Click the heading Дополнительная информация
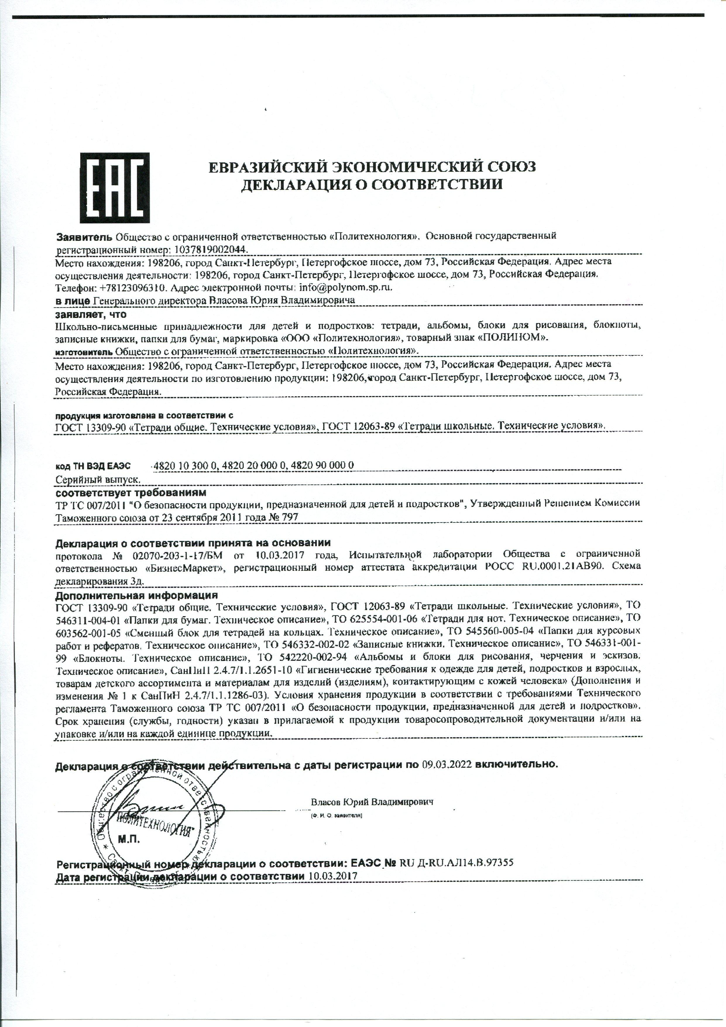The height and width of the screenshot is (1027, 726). pyautogui.click(x=136, y=595)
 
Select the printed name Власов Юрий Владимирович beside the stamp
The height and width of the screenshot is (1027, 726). pyautogui.click(x=372, y=802)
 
